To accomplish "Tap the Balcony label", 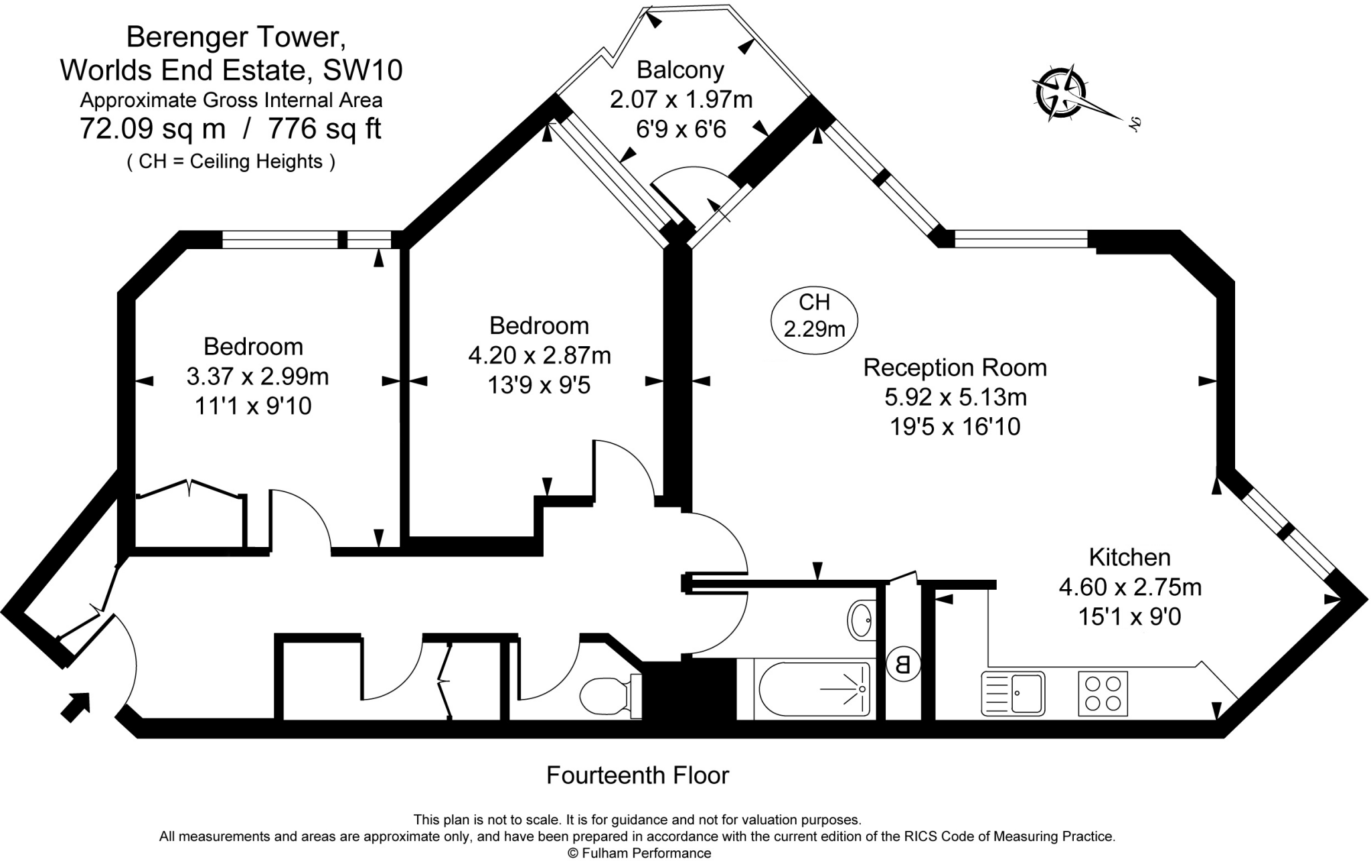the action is point(680,70).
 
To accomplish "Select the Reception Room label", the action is point(955,368).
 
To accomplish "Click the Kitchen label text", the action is point(1129,557).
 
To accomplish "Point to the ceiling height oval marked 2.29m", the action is point(814,316).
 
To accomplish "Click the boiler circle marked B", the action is point(902,665).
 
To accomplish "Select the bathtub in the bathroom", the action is point(814,689).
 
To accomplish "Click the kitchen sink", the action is point(1013,693).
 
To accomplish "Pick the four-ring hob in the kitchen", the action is point(1103,693).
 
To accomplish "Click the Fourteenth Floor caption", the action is point(637,775).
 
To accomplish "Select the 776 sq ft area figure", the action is point(324,129).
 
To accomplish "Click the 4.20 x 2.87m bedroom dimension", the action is point(540,356).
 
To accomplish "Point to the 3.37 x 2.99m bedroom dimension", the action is point(258,377).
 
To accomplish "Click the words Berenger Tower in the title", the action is point(236,37).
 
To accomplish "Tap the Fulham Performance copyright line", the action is point(639,853).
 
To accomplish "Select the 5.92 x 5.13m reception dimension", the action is point(955,397).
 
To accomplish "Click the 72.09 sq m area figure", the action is point(152,129).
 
